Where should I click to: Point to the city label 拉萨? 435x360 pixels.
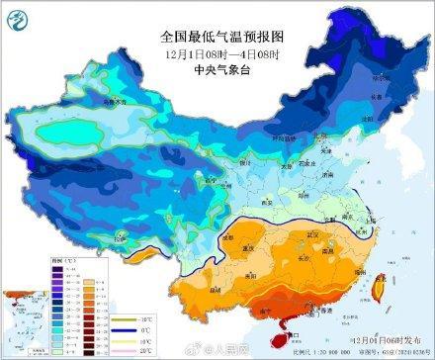[x=122, y=237]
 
